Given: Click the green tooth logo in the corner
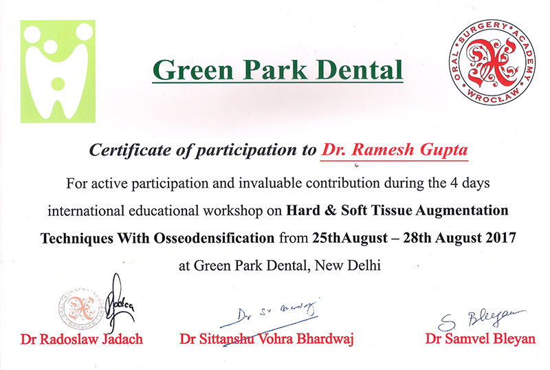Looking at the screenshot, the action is tap(58, 72).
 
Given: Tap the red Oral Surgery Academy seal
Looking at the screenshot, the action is tap(492, 62).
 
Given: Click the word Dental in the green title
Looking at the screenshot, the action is tap(359, 70).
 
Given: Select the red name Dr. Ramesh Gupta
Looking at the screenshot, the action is tap(394, 150).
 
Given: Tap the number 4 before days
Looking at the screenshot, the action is tap(454, 183).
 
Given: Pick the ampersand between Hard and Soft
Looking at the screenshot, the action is tap(330, 210).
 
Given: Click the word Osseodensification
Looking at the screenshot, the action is tap(214, 239).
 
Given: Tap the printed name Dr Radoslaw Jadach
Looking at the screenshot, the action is tap(82, 339).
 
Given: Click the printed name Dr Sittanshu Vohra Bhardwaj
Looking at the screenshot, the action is tap(267, 339).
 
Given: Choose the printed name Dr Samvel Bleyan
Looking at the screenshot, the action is tap(480, 339).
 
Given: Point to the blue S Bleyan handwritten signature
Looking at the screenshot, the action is tap(481, 320).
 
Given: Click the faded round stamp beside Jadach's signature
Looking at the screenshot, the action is tap(81, 309).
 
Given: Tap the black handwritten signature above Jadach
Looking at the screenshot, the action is tap(118, 304).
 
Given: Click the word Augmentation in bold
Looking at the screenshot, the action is tap(461, 210).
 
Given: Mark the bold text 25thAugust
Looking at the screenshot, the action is tap(350, 239).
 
